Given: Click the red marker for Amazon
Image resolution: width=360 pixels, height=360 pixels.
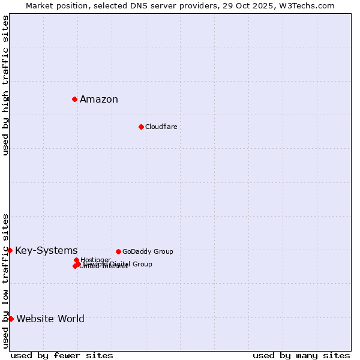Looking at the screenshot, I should [74, 99].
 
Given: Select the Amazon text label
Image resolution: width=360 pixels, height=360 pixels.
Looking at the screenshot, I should [99, 100].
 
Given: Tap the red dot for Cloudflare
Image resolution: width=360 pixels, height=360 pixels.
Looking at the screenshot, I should [141, 127].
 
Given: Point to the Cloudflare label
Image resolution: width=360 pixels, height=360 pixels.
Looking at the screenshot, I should [161, 127].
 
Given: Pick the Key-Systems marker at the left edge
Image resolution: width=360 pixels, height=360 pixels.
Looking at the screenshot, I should [10, 250].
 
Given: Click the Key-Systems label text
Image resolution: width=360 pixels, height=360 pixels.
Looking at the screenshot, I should [46, 251].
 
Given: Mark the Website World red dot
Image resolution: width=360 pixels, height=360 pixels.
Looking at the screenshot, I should [11, 319].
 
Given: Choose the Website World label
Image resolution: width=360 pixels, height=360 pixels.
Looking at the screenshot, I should [50, 319].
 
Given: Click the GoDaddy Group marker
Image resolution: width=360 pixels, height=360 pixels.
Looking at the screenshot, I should [118, 251].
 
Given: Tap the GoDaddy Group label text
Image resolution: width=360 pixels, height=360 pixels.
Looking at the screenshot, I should [148, 252].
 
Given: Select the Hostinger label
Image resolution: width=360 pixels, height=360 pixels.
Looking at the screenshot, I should [95, 260].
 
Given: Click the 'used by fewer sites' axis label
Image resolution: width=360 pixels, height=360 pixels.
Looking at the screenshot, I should [62, 355].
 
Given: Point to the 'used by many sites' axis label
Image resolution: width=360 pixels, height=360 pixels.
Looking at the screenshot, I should [301, 355].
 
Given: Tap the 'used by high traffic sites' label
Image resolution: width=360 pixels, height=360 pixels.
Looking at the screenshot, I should [6, 85].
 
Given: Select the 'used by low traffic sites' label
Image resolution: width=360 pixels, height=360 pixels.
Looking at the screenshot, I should [6, 280].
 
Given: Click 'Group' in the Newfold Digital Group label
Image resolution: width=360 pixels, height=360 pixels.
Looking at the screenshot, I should [142, 264].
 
